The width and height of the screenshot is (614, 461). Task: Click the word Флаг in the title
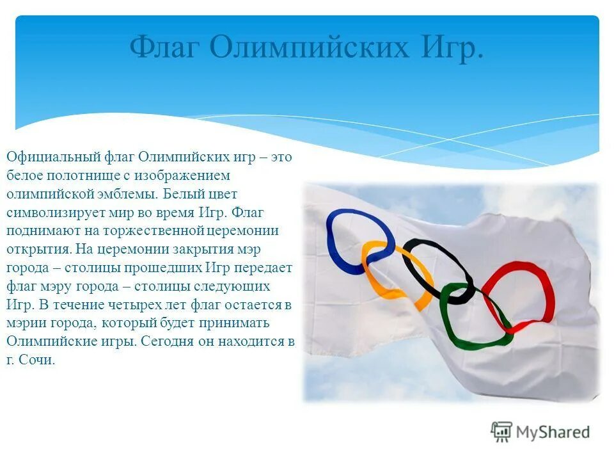(x=165, y=47)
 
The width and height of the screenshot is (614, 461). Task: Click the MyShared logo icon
(x=502, y=432)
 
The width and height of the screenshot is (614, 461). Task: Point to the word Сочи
(x=38, y=360)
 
